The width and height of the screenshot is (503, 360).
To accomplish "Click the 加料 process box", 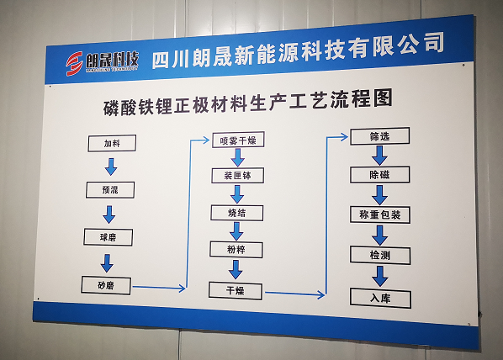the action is pos(112,143).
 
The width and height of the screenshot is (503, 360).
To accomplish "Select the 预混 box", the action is pos(110,190).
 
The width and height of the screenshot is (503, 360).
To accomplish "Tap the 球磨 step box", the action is pos(109,237).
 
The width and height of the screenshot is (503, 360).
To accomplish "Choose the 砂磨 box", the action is pos(106,285).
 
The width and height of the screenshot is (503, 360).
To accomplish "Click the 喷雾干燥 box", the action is pos(238,140).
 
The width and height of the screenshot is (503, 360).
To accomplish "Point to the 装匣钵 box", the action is pos(238,176).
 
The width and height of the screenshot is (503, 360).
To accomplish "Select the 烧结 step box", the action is pos(237,213).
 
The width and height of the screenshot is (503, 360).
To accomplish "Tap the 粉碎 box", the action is pos(236,250).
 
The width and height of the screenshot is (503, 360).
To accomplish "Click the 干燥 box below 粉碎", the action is pos(236,291).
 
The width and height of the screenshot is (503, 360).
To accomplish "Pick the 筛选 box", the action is pos(380,136).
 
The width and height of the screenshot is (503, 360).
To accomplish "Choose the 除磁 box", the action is pos(380,175).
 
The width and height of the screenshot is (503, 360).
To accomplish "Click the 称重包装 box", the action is pos(380,214).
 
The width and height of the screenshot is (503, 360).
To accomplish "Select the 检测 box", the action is pos(380,256).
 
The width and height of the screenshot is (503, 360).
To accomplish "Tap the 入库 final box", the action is pos(380,299).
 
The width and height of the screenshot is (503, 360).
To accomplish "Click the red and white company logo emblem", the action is pos(74,64).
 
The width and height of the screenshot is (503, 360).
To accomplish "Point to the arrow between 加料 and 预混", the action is pos(111,167).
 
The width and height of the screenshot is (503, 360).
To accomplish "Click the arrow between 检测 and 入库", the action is pos(380,276).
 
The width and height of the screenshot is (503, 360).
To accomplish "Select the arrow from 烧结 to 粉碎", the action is pos(236,231).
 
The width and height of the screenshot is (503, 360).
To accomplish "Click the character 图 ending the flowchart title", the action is pos(383,98).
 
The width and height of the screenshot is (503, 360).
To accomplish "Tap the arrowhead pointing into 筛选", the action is pos(345,137).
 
